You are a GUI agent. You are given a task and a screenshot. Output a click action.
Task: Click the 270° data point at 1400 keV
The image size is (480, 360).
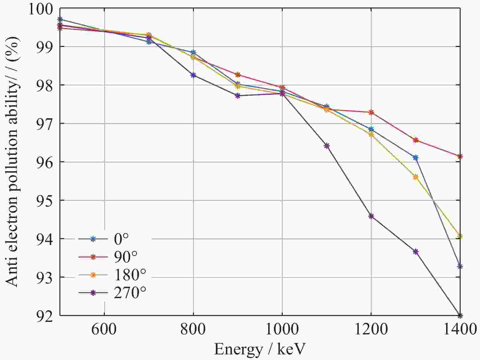(460, 315)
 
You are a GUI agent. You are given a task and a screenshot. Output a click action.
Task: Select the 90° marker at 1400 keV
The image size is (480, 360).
(460, 156)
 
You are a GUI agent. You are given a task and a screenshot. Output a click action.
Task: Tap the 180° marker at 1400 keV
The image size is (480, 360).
(460, 236)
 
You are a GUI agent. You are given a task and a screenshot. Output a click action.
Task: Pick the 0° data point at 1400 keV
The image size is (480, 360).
(460, 266)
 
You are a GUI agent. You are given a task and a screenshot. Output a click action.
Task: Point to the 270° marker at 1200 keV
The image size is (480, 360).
(371, 216)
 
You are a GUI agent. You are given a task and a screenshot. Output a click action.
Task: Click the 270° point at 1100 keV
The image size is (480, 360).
(327, 146)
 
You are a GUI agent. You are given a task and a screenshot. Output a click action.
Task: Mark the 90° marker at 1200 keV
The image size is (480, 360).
(371, 112)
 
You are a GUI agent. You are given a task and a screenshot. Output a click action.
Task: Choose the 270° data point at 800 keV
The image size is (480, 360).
(193, 75)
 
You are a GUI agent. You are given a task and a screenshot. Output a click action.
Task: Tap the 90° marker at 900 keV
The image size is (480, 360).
(238, 75)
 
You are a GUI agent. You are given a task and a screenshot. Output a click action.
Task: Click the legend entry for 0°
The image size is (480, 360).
(121, 239)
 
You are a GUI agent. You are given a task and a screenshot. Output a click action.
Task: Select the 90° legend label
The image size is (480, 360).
(125, 257)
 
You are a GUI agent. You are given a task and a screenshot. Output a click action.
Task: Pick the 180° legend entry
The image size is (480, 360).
(130, 275)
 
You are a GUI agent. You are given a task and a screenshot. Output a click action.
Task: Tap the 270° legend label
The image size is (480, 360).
(130, 293)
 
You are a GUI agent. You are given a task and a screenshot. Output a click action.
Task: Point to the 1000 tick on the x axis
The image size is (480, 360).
(282, 330)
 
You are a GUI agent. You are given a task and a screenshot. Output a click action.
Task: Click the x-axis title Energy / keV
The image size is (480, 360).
(260, 349)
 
